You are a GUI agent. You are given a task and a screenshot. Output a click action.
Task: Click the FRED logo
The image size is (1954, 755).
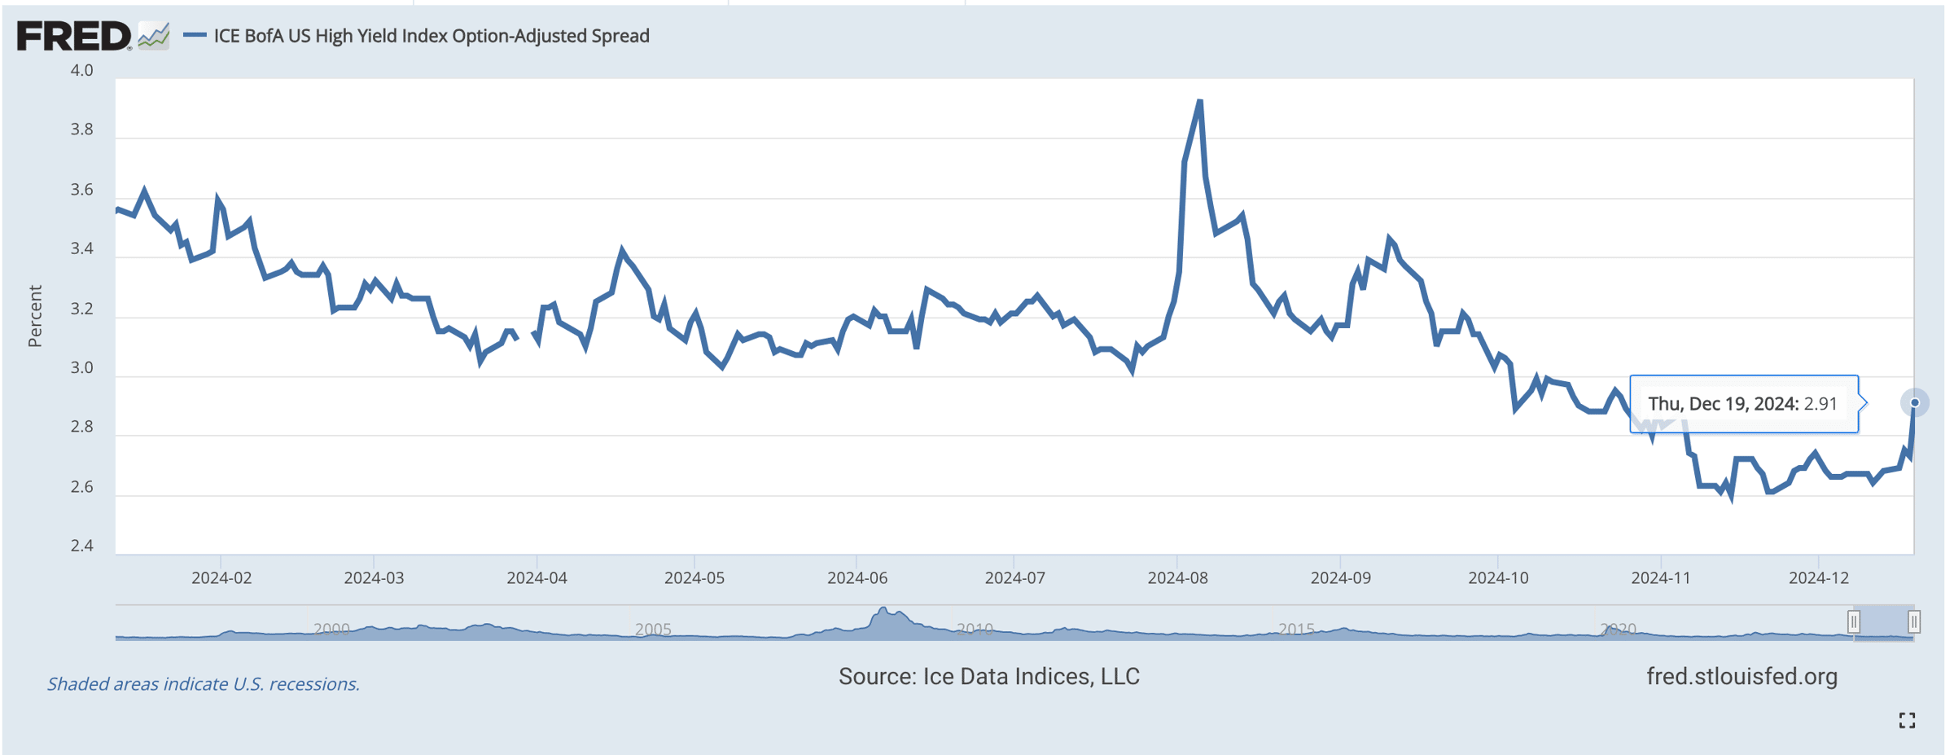[74, 36]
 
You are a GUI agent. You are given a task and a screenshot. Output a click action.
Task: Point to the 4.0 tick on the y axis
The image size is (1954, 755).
[82, 71]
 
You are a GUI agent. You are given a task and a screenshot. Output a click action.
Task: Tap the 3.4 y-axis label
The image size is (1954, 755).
[82, 249]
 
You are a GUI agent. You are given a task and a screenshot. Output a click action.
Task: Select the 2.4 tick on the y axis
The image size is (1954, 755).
[82, 546]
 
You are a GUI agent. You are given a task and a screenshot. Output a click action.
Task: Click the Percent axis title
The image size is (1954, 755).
[35, 316]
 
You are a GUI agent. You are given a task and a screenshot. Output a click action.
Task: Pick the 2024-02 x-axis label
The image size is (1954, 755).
[221, 578]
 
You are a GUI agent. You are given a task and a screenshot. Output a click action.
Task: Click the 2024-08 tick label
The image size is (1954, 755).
[1177, 578]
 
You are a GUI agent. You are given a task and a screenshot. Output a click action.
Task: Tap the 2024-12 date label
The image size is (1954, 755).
[1819, 578]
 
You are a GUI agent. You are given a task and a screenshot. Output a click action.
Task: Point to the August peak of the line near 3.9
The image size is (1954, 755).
[1200, 102]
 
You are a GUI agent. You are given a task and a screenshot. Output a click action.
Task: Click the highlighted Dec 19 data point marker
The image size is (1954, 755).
[1914, 403]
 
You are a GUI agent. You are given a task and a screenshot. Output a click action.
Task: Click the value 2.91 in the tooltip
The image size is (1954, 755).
[1820, 404]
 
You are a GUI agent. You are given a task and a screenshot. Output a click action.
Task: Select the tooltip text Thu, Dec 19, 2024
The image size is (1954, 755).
[1723, 404]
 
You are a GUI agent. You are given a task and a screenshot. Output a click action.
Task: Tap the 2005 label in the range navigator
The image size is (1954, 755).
[653, 629]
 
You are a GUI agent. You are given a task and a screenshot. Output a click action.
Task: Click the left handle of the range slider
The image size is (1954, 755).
[1854, 622]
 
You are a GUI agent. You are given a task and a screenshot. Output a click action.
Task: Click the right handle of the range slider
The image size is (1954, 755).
[1914, 622]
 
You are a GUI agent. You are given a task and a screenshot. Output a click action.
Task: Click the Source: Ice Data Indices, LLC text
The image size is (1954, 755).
[988, 677]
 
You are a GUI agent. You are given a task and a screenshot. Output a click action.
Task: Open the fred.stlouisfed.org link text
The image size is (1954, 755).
[1742, 677]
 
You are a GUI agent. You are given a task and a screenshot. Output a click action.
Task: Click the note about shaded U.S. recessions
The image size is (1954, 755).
[204, 684]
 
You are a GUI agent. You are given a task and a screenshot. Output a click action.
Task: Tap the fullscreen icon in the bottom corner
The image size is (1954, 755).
[1907, 720]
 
